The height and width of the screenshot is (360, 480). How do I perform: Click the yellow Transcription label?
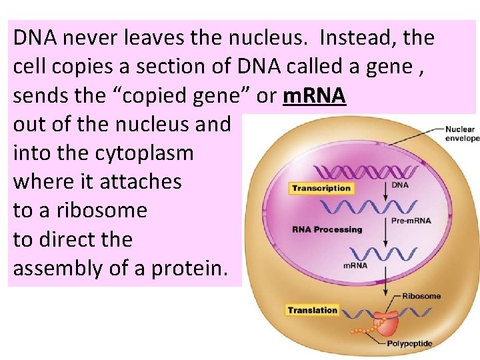321,188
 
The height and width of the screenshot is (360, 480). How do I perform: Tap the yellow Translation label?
313,310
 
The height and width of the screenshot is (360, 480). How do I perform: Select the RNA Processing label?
327,229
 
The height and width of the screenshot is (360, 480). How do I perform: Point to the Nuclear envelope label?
461,133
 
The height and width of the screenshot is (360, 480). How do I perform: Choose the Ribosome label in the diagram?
421,296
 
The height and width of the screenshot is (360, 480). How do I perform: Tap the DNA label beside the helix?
400,185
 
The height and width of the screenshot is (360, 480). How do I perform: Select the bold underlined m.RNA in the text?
314,96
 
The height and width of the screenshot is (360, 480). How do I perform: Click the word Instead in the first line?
355,38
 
